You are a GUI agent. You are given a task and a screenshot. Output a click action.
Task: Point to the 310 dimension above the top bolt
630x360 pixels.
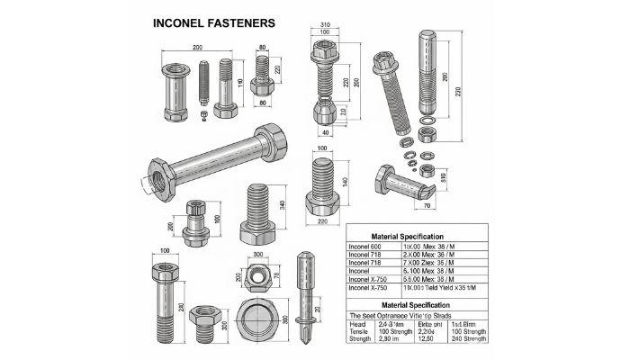(x=325, y=24)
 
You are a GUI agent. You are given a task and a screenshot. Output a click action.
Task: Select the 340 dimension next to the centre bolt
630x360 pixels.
(x=284, y=204)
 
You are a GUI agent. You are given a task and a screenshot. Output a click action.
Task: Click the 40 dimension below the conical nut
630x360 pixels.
(x=325, y=132)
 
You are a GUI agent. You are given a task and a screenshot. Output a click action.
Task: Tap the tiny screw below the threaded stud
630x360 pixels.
(x=204, y=115)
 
